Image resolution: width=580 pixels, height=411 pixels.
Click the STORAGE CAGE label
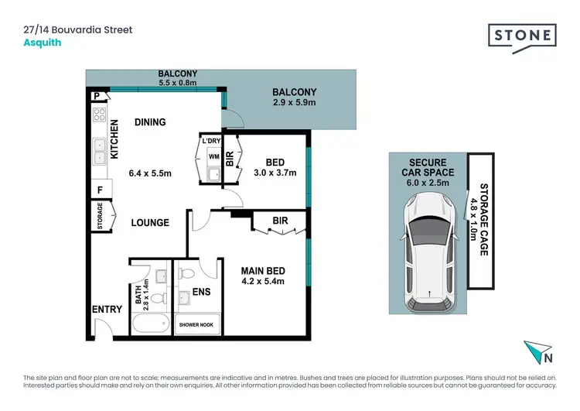[483, 219]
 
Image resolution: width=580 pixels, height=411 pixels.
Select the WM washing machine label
[213, 156]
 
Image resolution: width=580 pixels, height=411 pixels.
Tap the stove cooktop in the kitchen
[99, 116]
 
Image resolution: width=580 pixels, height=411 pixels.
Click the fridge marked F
[99, 188]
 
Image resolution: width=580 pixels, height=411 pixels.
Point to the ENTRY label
[107, 310]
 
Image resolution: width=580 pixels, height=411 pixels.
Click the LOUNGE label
[150, 223]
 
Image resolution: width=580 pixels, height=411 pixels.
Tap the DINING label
[150, 122]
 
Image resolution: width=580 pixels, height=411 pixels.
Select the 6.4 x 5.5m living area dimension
[149, 173]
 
